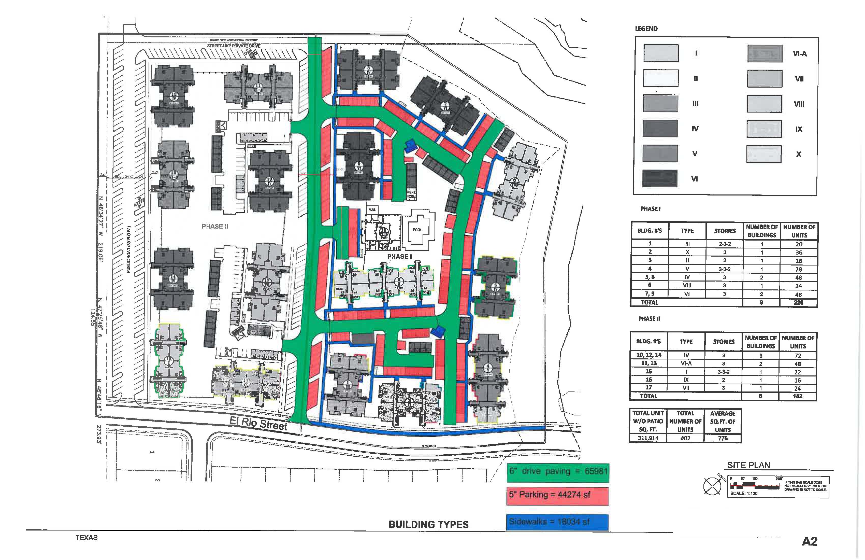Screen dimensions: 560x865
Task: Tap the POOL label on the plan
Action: pyautogui.click(x=417, y=230)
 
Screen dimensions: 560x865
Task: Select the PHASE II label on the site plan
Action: pyautogui.click(x=215, y=226)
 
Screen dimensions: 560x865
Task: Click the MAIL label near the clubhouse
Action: pyautogui.click(x=372, y=210)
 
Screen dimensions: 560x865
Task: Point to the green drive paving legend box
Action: pyautogui.click(x=557, y=472)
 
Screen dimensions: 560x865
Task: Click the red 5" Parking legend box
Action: pyautogui.click(x=557, y=495)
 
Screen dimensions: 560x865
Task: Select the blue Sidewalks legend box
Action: pyautogui.click(x=557, y=522)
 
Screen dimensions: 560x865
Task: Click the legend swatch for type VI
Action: pyautogui.click(x=660, y=178)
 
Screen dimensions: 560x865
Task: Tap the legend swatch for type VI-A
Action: pyautogui.click(x=765, y=54)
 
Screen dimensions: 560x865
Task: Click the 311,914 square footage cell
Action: pyautogui.click(x=648, y=438)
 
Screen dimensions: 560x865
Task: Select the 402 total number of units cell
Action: pyautogui.click(x=685, y=438)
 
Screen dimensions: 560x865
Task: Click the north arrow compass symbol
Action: pyautogui.click(x=712, y=485)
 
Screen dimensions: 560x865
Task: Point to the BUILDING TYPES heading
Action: pyautogui.click(x=428, y=524)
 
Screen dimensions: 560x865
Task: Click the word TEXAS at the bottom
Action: pyautogui.click(x=86, y=537)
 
